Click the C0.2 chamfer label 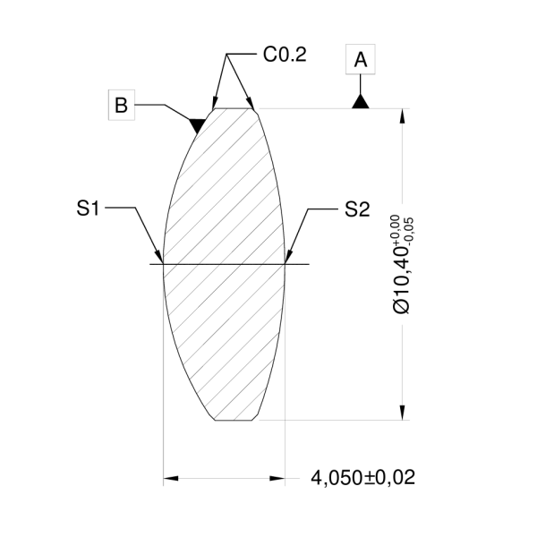pos(285,55)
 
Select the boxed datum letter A pos(360,60)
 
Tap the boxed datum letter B pos(122,105)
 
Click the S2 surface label pos(356,209)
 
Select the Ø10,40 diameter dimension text pos(402,277)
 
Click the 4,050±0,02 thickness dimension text pos(362,478)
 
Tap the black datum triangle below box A pos(360,101)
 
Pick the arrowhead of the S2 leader pos(288,257)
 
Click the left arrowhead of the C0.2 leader pos(213,103)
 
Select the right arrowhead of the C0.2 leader pos(253,104)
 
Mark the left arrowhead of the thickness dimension pos(170,478)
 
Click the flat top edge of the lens pos(233,108)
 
